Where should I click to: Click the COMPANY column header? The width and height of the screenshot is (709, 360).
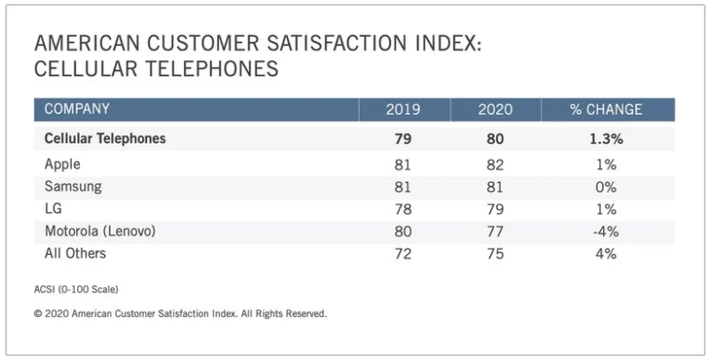[x=77, y=110]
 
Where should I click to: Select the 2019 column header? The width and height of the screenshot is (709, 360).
[x=403, y=110]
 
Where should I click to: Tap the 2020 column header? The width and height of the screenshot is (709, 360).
[x=495, y=110]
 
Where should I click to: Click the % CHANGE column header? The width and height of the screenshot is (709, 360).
[x=606, y=110]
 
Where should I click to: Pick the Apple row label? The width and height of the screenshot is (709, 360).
[x=63, y=165]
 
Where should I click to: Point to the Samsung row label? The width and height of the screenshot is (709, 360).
[x=74, y=187]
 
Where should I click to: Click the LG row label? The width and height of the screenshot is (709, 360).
[x=53, y=209]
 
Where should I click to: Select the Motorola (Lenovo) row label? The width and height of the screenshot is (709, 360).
[x=101, y=231]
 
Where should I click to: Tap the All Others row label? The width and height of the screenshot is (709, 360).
[x=75, y=253]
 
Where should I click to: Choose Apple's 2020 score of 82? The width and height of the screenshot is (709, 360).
[x=495, y=165]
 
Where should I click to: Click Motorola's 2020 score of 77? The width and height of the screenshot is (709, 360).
[x=495, y=231]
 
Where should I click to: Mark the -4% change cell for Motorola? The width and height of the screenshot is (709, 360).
[x=606, y=231]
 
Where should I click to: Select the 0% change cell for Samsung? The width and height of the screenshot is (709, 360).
[x=606, y=187]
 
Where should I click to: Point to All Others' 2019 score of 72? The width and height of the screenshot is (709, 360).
[x=403, y=253]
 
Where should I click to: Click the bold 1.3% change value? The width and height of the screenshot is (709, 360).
[x=606, y=139]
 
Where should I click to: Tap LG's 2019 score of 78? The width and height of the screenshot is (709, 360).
[x=403, y=209]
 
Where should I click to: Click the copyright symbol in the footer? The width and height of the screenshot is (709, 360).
[x=38, y=315]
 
